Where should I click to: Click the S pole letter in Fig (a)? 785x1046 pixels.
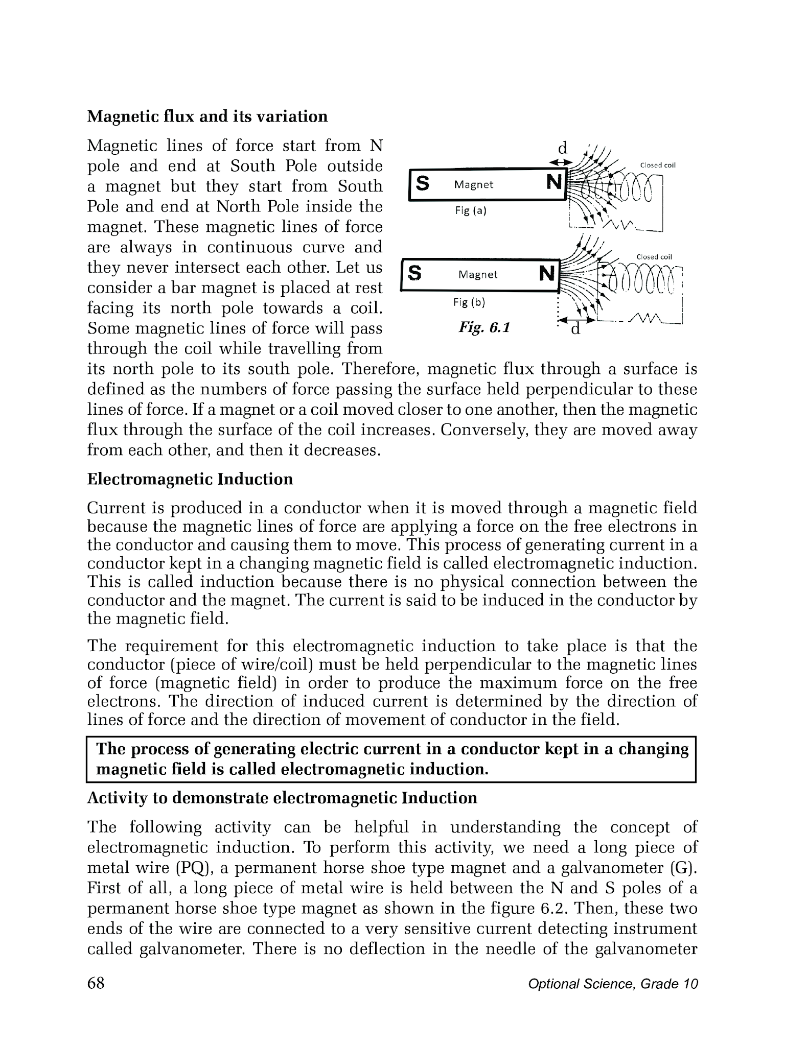423,183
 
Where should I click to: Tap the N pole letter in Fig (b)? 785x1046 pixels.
547,274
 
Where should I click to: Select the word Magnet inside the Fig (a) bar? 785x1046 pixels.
474,184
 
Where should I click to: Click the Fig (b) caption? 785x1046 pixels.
469,302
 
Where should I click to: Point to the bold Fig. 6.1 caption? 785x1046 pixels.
484,327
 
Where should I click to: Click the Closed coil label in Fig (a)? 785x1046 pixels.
658,165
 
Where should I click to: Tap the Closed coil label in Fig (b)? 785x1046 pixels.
655,257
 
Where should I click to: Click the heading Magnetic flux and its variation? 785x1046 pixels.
207,116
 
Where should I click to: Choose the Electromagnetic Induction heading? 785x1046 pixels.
190,479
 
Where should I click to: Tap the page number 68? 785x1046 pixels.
96,983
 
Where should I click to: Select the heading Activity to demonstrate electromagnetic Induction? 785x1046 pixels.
282,798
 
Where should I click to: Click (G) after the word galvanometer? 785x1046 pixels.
684,868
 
